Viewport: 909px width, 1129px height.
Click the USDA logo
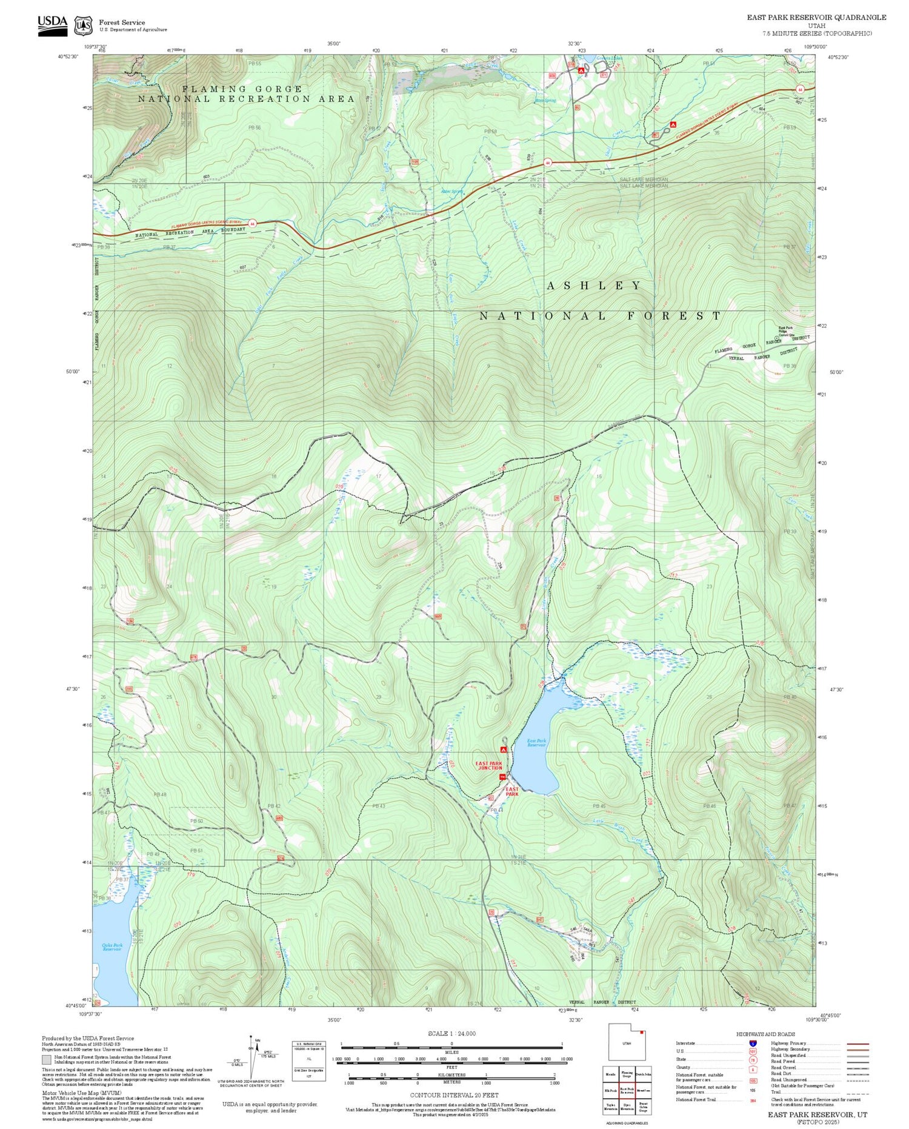point(53,25)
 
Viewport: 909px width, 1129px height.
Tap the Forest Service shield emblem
point(83,26)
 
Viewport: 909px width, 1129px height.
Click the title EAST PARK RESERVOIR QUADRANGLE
point(816,18)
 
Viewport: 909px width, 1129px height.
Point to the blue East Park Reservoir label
point(536,743)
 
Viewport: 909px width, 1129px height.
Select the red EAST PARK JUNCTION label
point(489,765)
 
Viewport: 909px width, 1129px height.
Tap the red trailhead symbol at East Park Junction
point(502,777)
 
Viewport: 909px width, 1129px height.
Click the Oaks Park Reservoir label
point(112,946)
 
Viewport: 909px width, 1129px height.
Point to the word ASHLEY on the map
point(594,286)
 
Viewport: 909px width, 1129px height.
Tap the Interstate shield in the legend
point(752,1043)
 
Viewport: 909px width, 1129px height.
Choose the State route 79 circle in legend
point(752,1060)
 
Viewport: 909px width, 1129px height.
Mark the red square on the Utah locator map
point(642,1032)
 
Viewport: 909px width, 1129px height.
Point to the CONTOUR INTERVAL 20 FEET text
point(454,1095)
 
